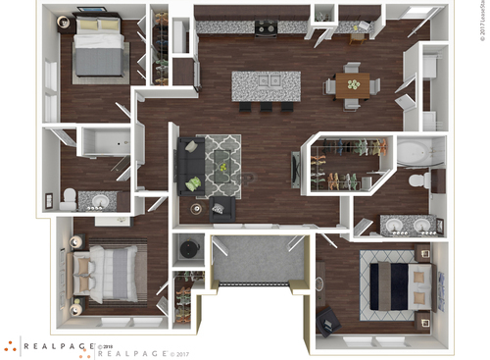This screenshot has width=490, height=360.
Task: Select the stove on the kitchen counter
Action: click(265, 28)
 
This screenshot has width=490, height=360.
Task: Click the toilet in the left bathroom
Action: click(68, 199)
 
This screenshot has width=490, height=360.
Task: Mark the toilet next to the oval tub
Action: click(416, 180)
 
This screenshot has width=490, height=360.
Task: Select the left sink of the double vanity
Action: click(396, 225)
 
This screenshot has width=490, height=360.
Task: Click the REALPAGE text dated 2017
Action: click(136, 351)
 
